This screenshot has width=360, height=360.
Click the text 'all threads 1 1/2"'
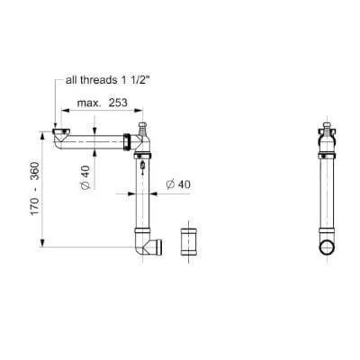click(106, 79)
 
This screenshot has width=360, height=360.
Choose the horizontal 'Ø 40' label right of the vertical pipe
click(176, 185)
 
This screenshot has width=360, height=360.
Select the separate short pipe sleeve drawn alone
click(189, 244)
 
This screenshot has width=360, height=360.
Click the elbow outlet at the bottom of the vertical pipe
click(148, 247)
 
